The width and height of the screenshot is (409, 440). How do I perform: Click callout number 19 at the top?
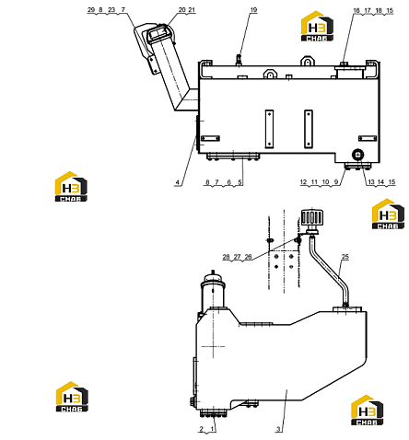tap(253, 10)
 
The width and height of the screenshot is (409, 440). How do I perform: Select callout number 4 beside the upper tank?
tap(178, 182)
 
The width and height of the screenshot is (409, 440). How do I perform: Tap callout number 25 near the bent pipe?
tap(345, 257)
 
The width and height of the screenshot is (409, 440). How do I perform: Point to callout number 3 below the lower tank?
tap(278, 429)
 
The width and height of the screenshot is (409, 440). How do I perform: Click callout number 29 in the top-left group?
tap(91, 10)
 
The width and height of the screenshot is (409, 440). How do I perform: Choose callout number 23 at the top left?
tap(111, 10)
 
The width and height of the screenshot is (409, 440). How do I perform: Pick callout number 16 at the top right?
tap(356, 10)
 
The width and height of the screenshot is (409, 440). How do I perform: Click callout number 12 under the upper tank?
tap(303, 182)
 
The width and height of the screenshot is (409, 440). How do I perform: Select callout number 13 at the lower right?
tap(371, 182)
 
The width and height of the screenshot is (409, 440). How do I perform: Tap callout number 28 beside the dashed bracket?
tap(226, 257)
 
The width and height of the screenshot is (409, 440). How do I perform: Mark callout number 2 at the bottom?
tap(202, 429)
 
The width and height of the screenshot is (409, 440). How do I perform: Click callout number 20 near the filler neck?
tap(182, 10)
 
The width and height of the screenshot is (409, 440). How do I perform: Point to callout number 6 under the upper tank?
tap(228, 182)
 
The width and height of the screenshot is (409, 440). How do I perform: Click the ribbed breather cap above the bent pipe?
tap(311, 217)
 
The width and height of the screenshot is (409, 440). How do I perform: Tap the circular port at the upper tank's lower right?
tap(357, 154)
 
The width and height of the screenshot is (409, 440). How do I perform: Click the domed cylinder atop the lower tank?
tap(213, 290)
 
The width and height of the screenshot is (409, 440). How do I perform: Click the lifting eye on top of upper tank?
tap(307, 61)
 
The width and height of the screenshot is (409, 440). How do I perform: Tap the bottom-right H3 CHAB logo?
tap(367, 411)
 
